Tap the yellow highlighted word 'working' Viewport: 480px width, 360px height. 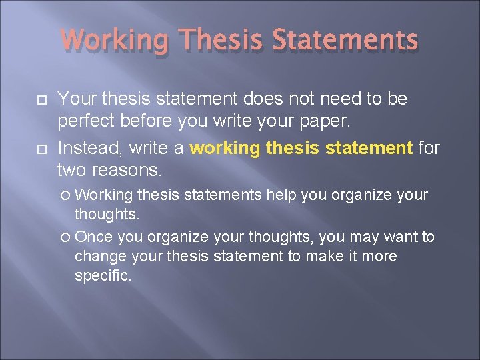point(223,147)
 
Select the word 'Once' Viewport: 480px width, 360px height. point(92,237)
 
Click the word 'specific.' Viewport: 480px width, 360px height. point(103,275)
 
